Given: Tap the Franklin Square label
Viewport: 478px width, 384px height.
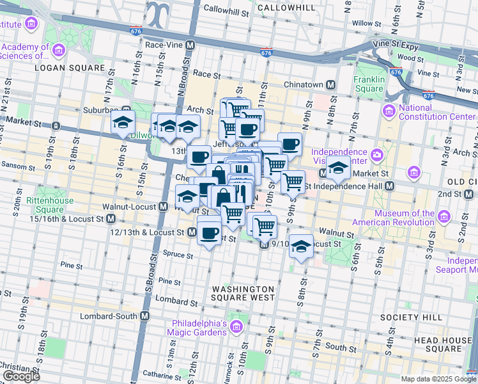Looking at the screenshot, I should click(369, 84).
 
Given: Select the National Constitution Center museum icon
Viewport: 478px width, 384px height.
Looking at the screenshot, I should click(389, 112).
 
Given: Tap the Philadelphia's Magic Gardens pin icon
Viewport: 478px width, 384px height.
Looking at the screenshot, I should click(236, 328).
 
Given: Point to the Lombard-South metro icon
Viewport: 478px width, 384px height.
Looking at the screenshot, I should click(145, 316).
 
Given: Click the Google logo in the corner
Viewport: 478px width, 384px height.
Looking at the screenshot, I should click(21, 376).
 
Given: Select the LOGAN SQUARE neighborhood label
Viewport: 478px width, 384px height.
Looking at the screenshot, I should click(70, 67).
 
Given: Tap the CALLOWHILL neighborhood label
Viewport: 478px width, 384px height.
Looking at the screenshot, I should click(286, 8).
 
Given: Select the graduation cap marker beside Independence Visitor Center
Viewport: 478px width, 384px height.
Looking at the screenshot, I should click(338, 168).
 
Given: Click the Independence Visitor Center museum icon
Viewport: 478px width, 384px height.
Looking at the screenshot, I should click(377, 155).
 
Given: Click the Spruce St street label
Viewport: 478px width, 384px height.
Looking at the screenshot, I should click(180, 255).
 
